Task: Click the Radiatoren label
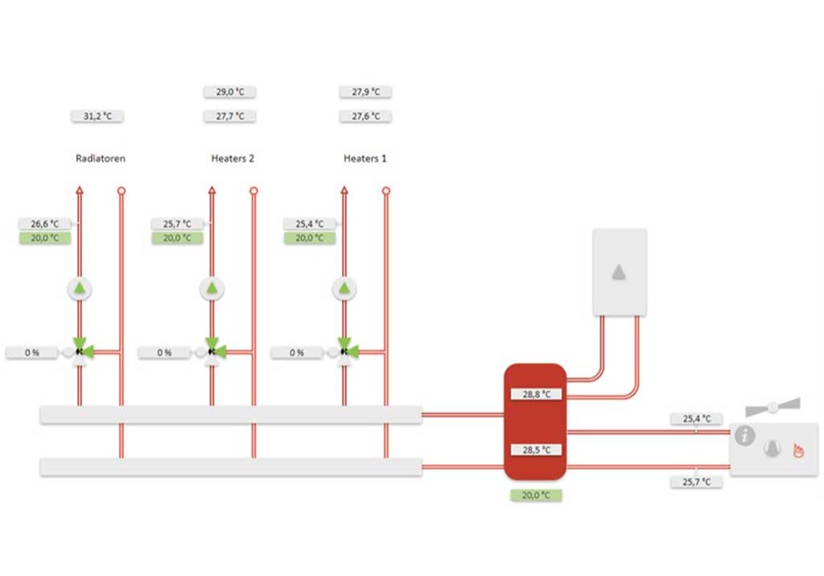point(101,158)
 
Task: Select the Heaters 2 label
point(233,158)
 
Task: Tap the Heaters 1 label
point(365,158)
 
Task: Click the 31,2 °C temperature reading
point(97,116)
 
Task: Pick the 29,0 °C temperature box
point(229,92)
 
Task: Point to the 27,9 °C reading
point(365,92)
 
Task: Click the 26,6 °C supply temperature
point(45,224)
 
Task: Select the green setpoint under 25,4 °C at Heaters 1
point(310,238)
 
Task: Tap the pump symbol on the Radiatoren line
point(80,289)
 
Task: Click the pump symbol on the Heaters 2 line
point(212,289)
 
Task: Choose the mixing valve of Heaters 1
point(344,351)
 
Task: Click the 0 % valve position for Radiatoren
point(31,352)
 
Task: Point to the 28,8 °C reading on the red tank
point(536,394)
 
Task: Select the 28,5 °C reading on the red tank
point(536,450)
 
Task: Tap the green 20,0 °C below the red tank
point(536,495)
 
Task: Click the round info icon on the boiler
point(744,436)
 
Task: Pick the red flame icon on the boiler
point(798,451)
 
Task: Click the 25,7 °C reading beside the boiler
point(696,482)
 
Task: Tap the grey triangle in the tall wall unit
point(619,272)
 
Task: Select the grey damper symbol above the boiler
point(773,407)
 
